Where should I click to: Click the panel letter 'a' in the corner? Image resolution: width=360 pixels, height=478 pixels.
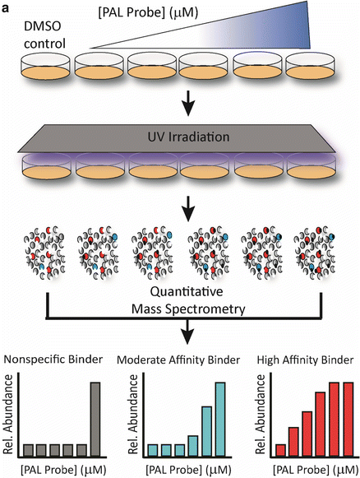[x=7, y=7]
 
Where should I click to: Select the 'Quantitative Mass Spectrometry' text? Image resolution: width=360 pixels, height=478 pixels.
[x=180, y=299]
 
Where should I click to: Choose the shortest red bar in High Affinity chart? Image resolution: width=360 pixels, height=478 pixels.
[x=281, y=449]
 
